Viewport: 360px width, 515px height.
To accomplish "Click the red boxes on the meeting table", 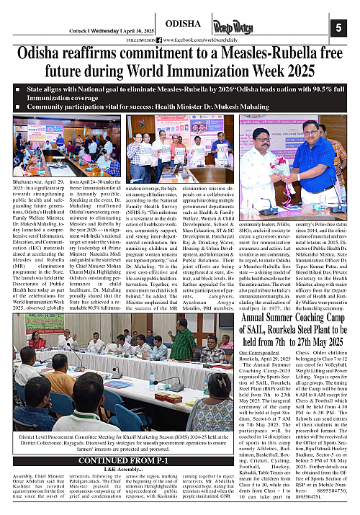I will tap(163, 396).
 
